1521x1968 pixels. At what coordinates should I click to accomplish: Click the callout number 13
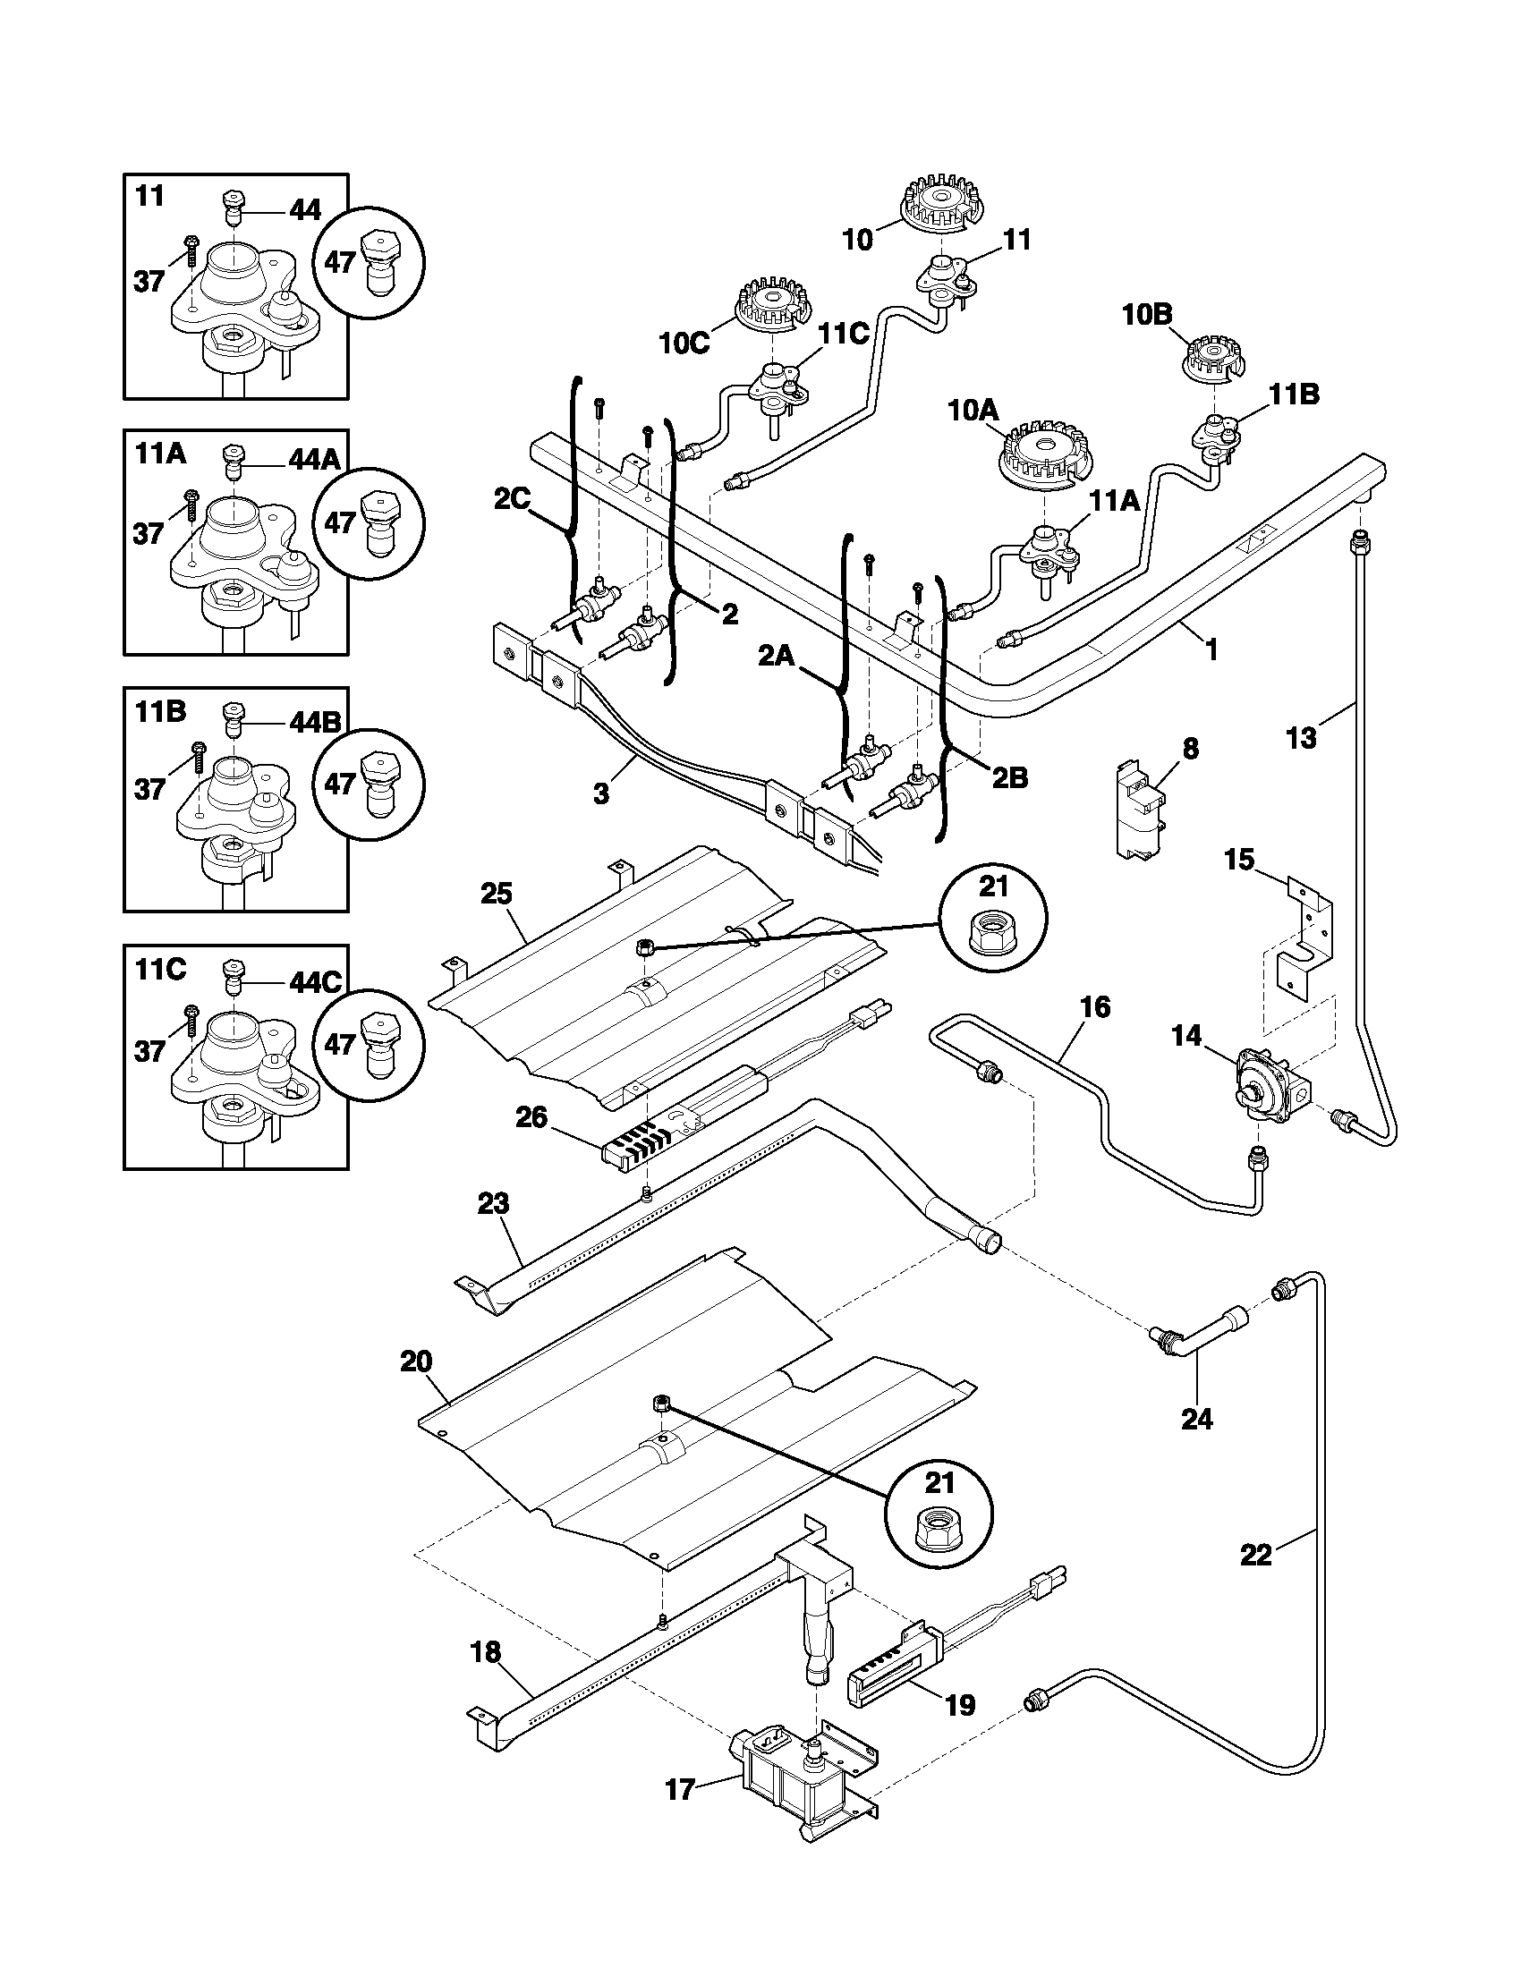pyautogui.click(x=1301, y=738)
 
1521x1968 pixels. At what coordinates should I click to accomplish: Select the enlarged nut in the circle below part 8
pyautogui.click(x=994, y=939)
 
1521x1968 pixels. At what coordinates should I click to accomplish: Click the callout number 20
pyautogui.click(x=416, y=1361)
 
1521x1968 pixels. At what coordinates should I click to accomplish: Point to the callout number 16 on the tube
pyautogui.click(x=1094, y=1006)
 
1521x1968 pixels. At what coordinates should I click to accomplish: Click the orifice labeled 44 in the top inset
pyautogui.click(x=232, y=213)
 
